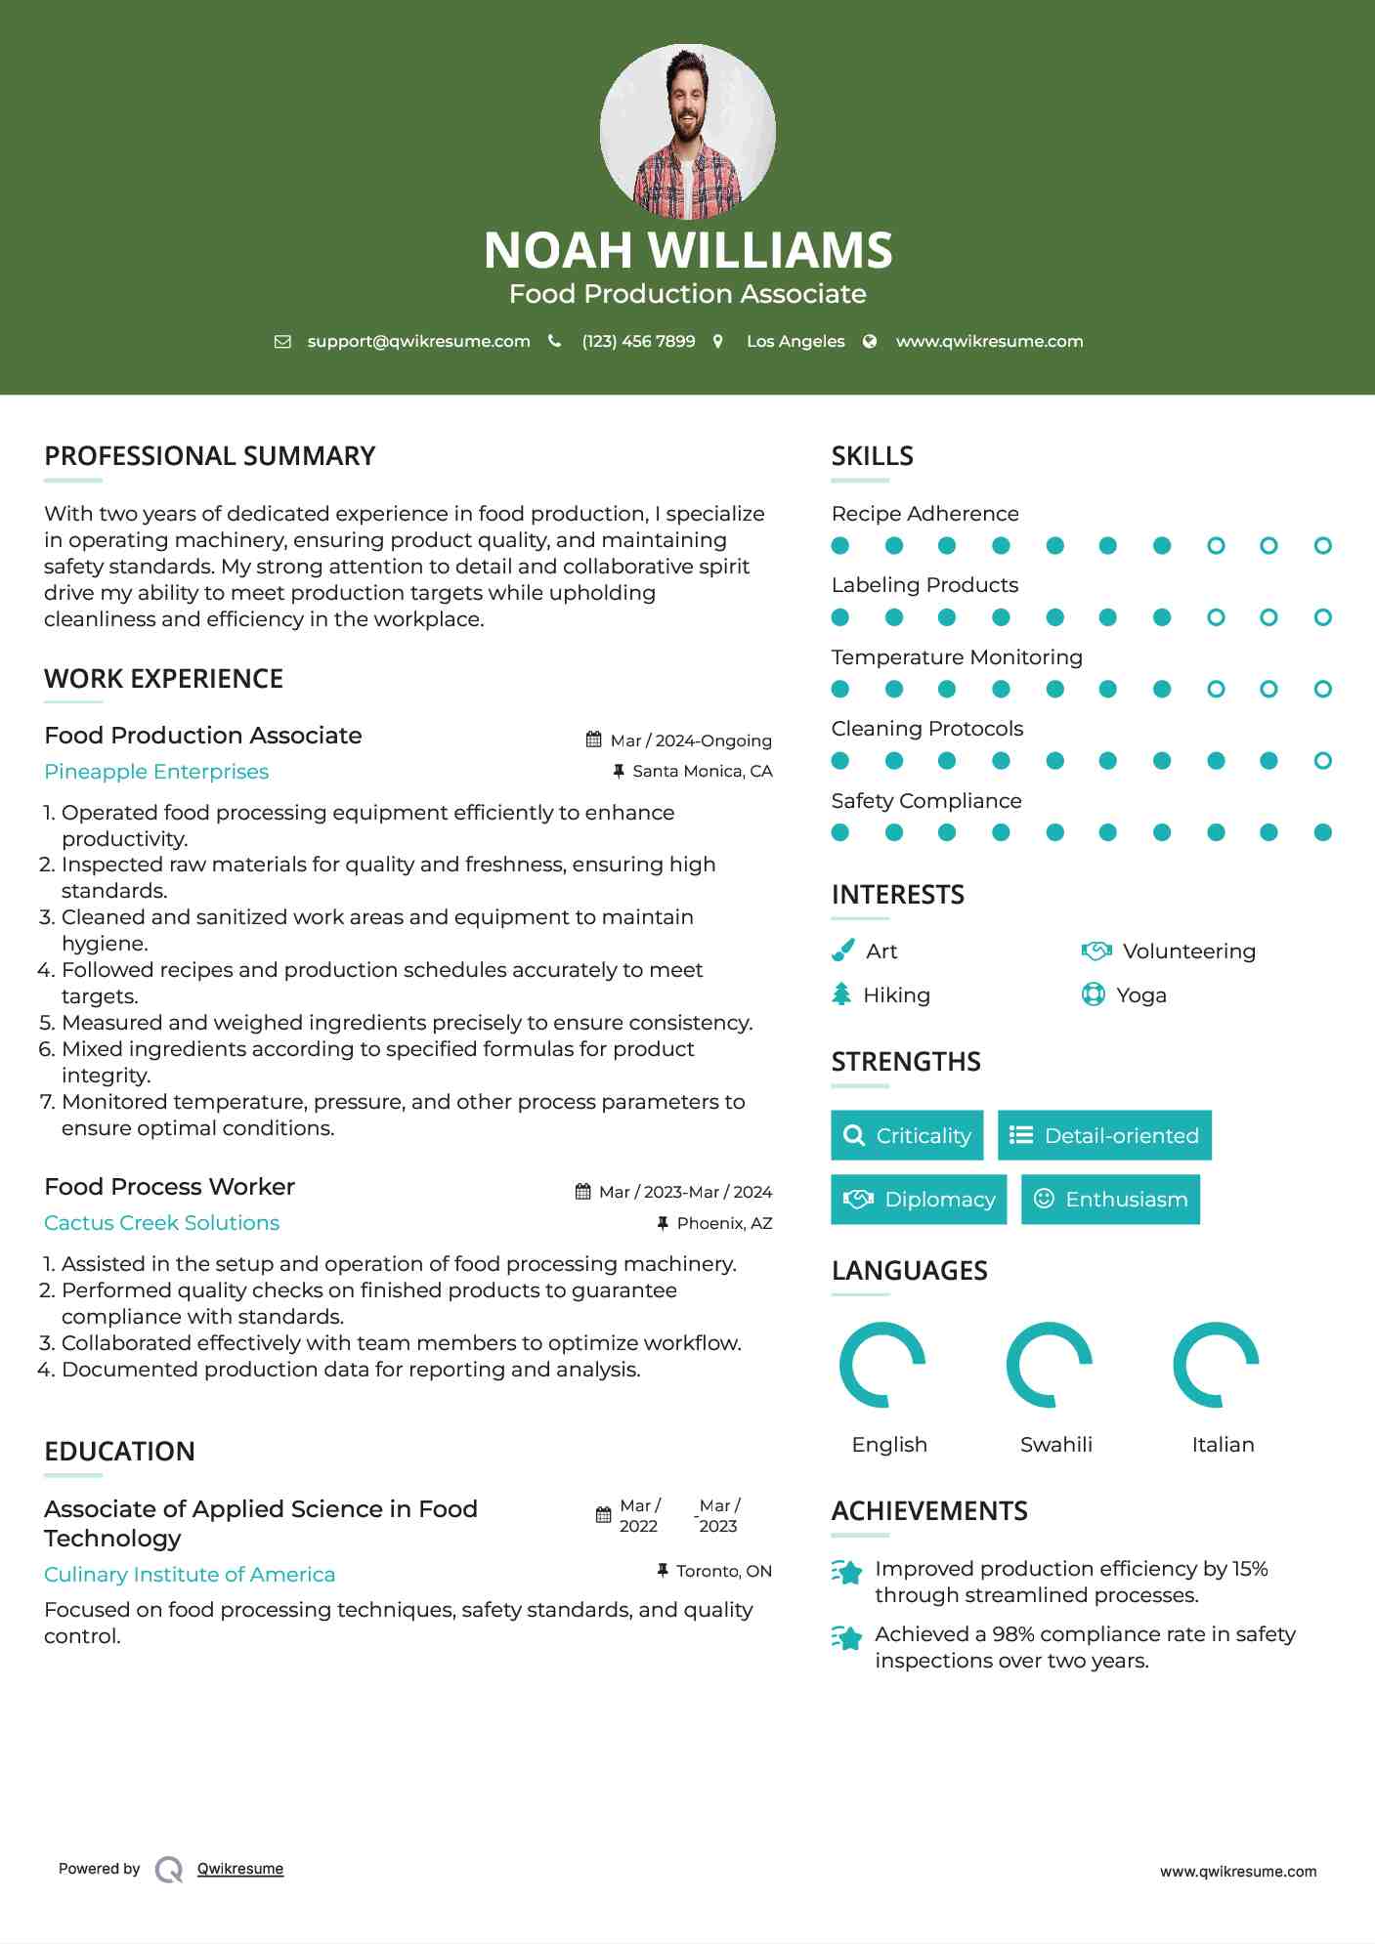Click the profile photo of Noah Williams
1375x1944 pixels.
point(687,131)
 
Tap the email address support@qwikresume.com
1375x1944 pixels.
point(418,342)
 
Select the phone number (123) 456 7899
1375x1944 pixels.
point(638,342)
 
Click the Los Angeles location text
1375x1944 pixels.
point(795,342)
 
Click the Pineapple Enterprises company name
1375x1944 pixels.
point(156,772)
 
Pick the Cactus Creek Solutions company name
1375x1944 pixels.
point(161,1223)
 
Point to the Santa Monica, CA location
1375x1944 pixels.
point(702,772)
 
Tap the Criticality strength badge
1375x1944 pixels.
point(907,1135)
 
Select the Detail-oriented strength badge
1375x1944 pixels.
point(1104,1135)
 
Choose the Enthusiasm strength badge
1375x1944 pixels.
point(1110,1200)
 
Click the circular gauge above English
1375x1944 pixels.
point(882,1365)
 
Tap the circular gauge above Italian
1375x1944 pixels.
point(1216,1365)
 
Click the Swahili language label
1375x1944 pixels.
point(1055,1445)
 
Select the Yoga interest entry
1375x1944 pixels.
point(1140,995)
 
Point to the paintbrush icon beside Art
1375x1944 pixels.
point(842,951)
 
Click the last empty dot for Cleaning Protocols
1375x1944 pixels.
point(1322,761)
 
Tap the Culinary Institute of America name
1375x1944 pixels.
point(190,1575)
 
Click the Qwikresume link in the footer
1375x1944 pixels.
point(240,1869)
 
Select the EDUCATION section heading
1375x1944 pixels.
point(119,1452)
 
